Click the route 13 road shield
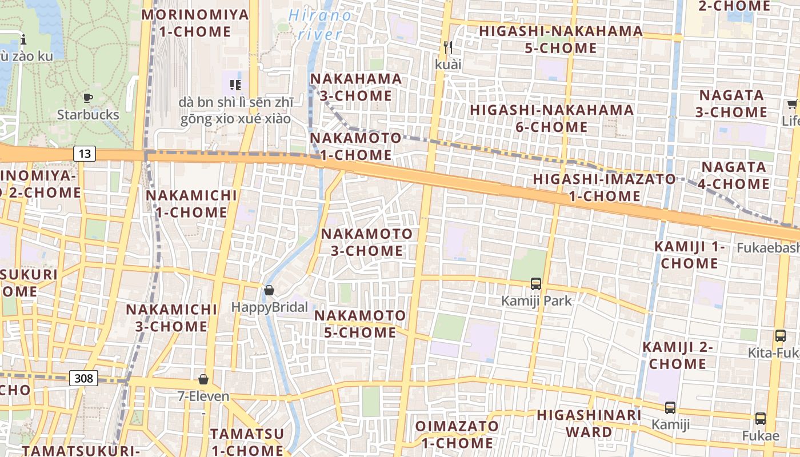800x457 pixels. (x=85, y=153)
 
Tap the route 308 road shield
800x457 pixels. (x=84, y=378)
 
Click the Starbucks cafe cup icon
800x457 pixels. (x=88, y=98)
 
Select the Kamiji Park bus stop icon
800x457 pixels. (x=536, y=283)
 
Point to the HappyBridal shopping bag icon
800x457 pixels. (x=269, y=291)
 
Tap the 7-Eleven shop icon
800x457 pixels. (x=203, y=379)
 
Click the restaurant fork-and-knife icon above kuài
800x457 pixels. (x=448, y=47)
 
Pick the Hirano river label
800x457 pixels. (x=320, y=24)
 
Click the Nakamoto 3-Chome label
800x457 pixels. (x=366, y=242)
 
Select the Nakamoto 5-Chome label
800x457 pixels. (x=360, y=324)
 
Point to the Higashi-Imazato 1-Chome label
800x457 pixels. (x=604, y=187)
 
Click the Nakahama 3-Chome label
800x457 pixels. (x=355, y=87)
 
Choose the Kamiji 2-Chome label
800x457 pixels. (x=678, y=355)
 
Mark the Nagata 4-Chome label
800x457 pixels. (x=734, y=175)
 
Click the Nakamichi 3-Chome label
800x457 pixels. (x=171, y=318)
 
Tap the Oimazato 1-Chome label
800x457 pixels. (x=456, y=434)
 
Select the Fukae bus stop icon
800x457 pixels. (x=761, y=419)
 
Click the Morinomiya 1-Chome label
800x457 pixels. (x=195, y=23)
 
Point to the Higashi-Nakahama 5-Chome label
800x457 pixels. (x=561, y=39)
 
